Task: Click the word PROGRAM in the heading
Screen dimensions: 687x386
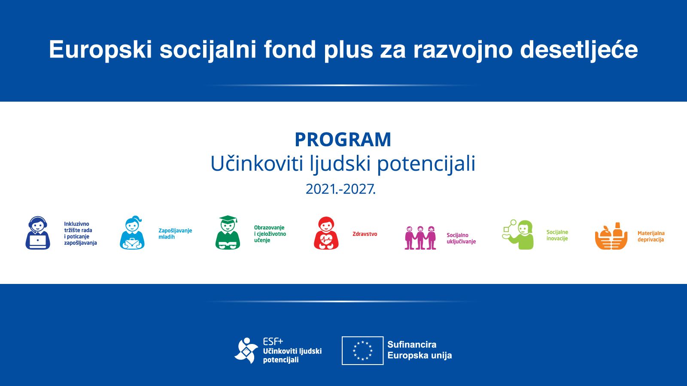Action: coord(343,140)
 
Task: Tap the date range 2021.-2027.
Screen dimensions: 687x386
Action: coord(340,189)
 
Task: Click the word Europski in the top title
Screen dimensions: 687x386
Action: coord(100,50)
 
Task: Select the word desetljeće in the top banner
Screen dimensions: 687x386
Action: coord(579,49)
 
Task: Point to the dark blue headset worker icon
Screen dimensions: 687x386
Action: coord(38,233)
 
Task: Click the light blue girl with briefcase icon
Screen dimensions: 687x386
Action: coord(132,232)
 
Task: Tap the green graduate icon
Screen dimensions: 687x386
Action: coord(228,232)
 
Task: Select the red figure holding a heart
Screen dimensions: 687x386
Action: coord(326,233)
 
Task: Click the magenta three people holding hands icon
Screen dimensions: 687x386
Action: coord(420,238)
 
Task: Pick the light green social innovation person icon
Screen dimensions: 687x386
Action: coord(518,234)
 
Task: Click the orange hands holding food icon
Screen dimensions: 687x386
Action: coord(611,236)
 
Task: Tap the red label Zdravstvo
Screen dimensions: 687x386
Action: coord(365,234)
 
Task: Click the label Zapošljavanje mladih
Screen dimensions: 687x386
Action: coord(175,233)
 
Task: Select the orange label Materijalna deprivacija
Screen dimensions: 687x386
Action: coord(651,236)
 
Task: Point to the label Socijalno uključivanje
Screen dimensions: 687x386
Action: coord(461,238)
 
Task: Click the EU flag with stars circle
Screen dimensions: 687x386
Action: coord(362,350)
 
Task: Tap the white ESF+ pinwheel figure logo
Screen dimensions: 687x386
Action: coord(246,350)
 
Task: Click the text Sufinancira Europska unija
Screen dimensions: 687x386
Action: coord(419,350)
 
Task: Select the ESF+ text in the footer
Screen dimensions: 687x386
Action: coord(273,341)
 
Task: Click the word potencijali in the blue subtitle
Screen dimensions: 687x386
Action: coord(426,163)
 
